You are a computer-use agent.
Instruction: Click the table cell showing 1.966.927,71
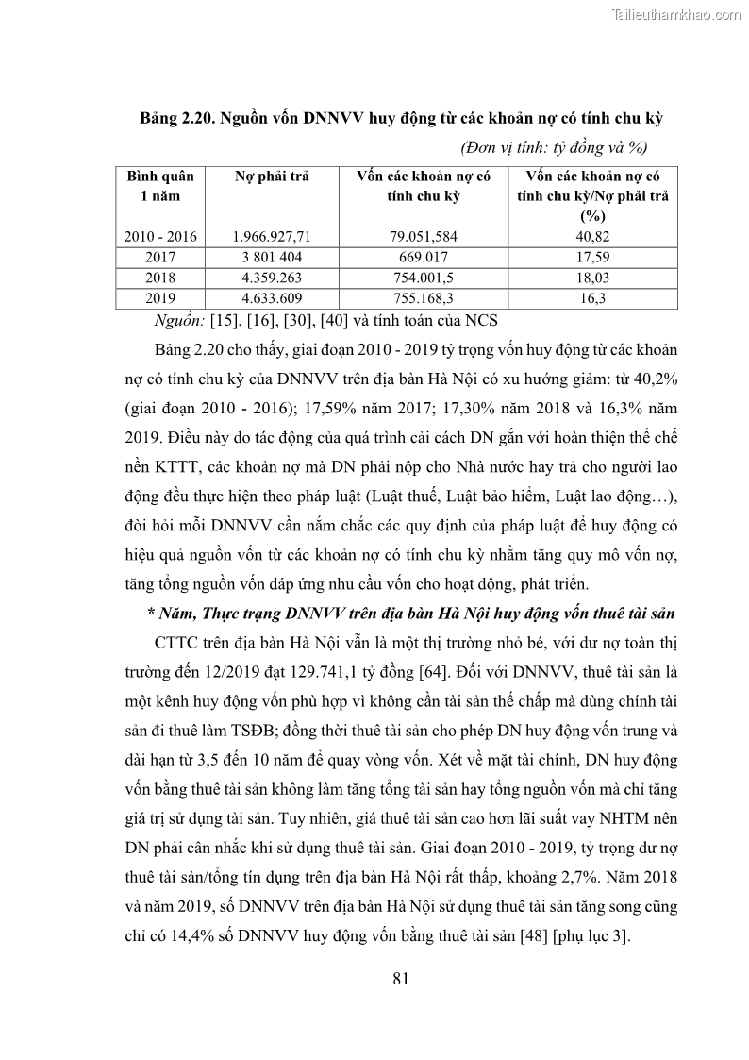(x=271, y=237)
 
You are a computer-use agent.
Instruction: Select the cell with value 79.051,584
(x=423, y=237)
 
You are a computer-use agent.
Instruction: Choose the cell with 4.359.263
(x=271, y=278)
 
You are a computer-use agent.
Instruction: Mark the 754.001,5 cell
(x=423, y=278)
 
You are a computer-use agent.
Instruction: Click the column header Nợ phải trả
(x=271, y=177)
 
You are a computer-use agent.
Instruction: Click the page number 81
(x=400, y=978)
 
